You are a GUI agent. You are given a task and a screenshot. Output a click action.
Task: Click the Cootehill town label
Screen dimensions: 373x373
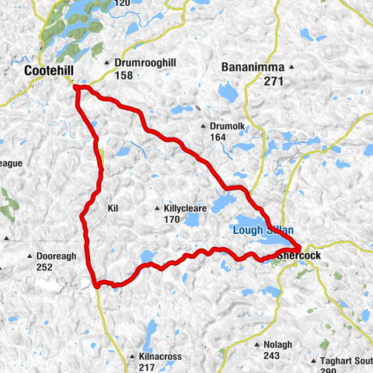coord(49,71)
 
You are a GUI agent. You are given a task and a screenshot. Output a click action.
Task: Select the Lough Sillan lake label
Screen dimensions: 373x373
coord(260,230)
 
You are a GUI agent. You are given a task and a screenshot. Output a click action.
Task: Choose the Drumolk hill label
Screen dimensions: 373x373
coord(228,126)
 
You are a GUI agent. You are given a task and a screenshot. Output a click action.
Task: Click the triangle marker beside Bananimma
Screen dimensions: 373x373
coord(291,67)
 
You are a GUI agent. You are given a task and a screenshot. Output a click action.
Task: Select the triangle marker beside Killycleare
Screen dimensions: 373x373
coord(157,208)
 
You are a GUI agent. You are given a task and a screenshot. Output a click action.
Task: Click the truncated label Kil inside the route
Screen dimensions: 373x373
coord(115,208)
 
